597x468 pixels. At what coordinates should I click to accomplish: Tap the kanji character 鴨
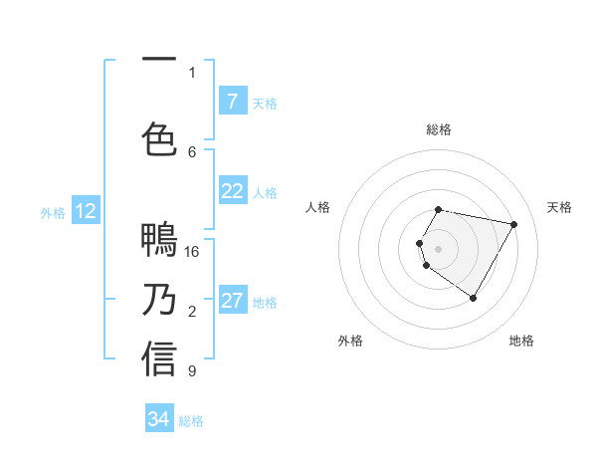point(159,241)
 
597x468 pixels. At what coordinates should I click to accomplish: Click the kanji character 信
point(159,359)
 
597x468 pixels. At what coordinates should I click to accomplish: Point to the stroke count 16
point(192,251)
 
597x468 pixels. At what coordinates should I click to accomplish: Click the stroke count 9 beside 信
point(192,371)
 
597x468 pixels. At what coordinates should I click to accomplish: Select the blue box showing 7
point(232,101)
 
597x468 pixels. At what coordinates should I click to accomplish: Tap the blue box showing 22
point(232,191)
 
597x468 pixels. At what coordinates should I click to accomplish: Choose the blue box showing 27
point(232,301)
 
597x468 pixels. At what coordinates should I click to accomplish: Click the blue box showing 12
point(86,211)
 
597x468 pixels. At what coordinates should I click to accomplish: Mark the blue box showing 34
point(158,419)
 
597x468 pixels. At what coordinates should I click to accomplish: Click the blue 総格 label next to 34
point(191,421)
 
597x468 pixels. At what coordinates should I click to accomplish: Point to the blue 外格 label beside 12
point(53,212)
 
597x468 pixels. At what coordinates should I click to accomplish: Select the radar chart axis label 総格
point(439,129)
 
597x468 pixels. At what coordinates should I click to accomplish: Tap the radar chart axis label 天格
point(559,207)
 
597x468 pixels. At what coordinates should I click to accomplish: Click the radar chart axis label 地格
point(521,341)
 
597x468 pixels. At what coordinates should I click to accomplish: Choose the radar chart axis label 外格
point(350,341)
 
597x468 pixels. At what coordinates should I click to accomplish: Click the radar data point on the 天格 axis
point(514,224)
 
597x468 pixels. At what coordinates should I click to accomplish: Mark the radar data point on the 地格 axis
point(474,299)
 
